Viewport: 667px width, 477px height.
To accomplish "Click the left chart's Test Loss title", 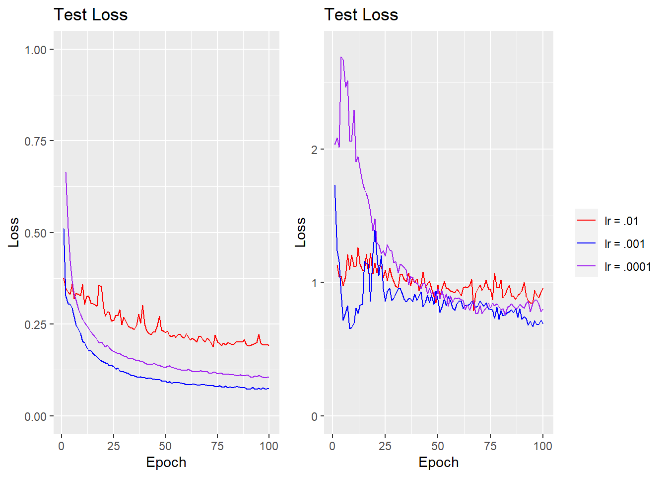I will (90, 15).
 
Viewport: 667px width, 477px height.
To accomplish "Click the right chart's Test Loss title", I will (361, 15).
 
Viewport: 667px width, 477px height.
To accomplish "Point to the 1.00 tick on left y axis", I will (35, 50).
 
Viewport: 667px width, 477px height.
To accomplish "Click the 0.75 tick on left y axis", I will (35, 142).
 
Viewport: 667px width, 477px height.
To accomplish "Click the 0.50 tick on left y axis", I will (35, 233).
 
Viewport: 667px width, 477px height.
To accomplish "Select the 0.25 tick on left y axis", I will (35, 324).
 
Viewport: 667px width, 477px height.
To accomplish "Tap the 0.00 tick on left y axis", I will (35, 416).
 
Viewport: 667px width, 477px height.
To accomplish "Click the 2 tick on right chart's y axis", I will (314, 150).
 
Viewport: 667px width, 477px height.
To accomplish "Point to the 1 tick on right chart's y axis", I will (314, 283).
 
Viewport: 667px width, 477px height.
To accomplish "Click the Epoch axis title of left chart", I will (166, 462).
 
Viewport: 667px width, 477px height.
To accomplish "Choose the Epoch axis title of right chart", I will (438, 462).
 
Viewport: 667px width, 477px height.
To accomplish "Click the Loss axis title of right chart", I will (300, 232).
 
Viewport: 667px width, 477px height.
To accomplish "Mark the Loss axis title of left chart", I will (13, 232).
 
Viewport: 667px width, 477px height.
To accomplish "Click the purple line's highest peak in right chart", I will (341, 57).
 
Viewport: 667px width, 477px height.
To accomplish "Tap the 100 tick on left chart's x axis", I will (268, 446).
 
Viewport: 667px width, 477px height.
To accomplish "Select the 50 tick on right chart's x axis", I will (437, 446).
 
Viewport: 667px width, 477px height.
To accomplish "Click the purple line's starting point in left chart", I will (66, 172).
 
